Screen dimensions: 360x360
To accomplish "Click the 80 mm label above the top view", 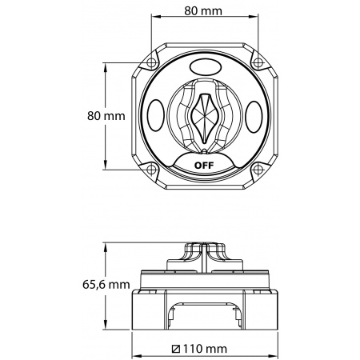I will coord(203,11).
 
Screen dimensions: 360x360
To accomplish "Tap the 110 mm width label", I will coord(205,348).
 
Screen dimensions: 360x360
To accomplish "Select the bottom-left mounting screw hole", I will coord(151,169).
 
